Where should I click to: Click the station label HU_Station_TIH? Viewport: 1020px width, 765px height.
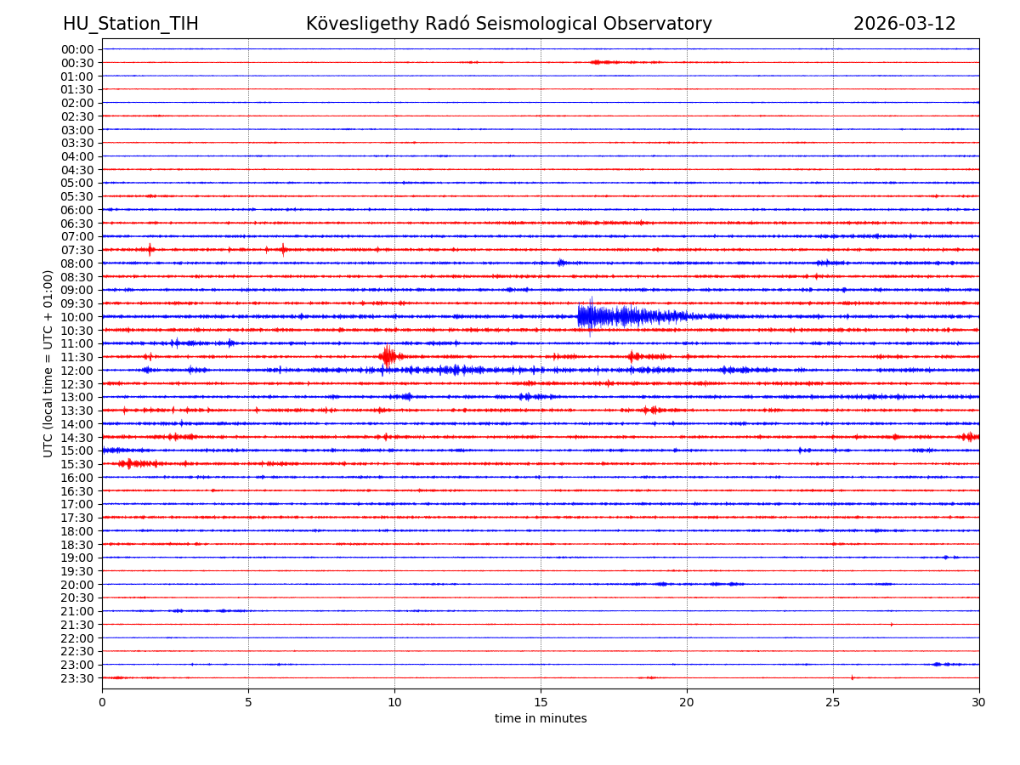point(131,24)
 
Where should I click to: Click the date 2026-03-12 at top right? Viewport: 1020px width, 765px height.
point(904,24)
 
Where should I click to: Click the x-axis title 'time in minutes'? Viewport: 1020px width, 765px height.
point(541,719)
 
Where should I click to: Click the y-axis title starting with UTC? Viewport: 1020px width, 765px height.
point(48,363)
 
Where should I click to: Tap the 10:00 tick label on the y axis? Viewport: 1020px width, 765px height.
point(77,317)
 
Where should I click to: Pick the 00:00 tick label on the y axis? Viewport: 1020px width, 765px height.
point(77,49)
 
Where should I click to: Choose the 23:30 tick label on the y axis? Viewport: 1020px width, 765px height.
point(77,678)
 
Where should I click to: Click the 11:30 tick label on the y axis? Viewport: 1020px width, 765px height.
point(77,357)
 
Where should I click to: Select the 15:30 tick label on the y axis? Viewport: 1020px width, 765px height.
point(77,464)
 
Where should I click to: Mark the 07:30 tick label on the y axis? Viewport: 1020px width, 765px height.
point(77,250)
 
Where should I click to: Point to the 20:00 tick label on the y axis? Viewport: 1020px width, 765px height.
point(77,585)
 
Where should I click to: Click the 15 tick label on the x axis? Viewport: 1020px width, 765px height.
point(541,702)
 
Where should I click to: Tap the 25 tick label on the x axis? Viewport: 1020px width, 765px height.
point(833,702)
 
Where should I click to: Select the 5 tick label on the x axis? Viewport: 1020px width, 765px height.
point(248,702)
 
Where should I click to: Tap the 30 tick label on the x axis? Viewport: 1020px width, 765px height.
point(979,702)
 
